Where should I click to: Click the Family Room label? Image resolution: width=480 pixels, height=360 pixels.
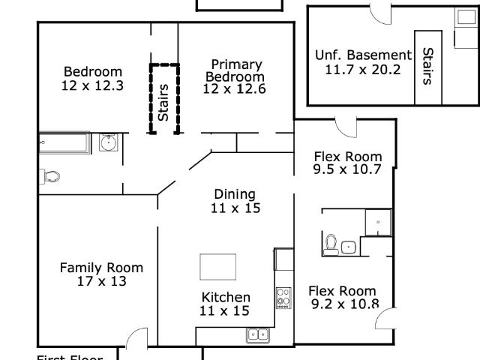(101, 268)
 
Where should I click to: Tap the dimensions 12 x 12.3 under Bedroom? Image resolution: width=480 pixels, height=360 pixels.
(92, 85)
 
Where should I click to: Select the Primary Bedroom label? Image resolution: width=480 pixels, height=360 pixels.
(235, 70)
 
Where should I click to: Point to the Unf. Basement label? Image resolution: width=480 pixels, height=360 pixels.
(363, 55)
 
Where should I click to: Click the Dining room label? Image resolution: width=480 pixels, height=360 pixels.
(235, 194)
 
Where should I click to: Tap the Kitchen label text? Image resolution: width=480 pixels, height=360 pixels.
(225, 297)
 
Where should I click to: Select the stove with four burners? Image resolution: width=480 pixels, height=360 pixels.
(283, 298)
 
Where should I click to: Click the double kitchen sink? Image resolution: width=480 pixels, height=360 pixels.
(258, 335)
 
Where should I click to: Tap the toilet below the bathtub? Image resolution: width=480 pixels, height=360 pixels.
(50, 177)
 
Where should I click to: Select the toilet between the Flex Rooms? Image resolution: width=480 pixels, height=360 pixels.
(331, 244)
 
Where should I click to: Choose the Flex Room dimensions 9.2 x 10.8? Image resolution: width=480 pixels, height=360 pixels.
(344, 304)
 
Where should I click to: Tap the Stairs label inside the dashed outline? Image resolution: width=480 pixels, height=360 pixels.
(163, 102)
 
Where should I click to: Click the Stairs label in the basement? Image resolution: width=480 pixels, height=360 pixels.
(428, 66)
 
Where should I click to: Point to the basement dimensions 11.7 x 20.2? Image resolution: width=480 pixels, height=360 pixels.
(363, 70)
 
